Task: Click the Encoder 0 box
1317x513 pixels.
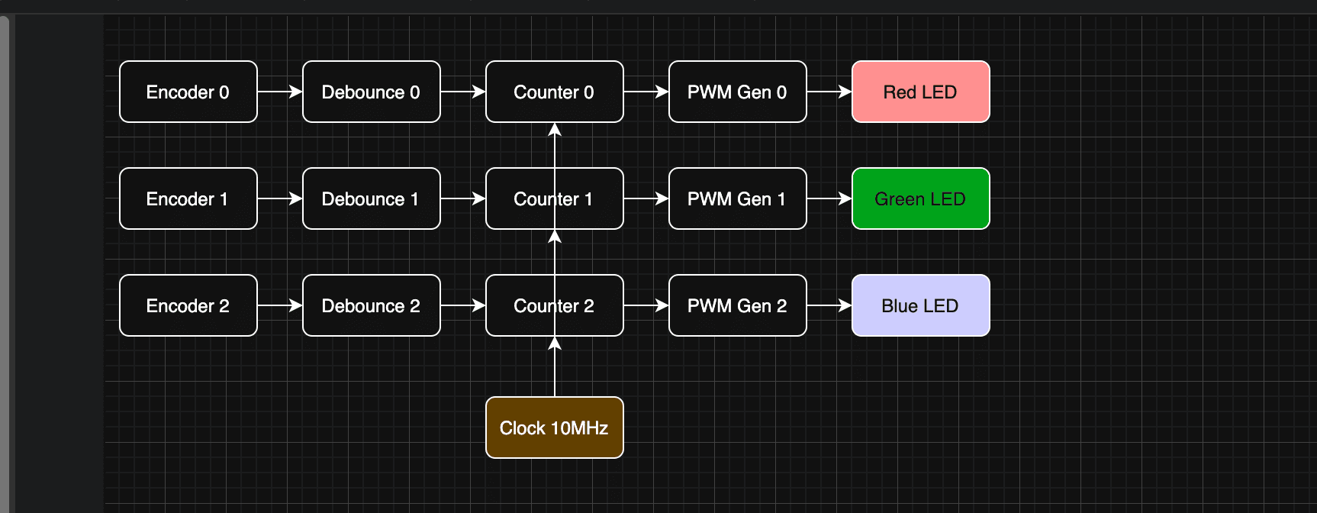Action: (188, 92)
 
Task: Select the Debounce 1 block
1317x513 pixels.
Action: (371, 198)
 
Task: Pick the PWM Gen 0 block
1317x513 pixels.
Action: (737, 92)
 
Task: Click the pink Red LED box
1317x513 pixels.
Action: (920, 92)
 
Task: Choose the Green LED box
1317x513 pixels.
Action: (920, 198)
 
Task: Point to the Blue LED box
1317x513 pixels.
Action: (920, 305)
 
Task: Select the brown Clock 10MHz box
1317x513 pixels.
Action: (554, 427)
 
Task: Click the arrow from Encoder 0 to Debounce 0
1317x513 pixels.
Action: (279, 92)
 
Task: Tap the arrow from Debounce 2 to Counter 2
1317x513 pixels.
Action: (462, 305)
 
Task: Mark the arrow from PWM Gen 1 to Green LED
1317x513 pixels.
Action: (829, 198)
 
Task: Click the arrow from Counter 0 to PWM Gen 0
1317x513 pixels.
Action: (646, 92)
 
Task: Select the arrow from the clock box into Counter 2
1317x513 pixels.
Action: (555, 370)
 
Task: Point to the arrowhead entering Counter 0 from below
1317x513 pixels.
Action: (555, 130)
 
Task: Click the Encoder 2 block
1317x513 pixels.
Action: (188, 305)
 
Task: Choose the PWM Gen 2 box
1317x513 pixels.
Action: (737, 305)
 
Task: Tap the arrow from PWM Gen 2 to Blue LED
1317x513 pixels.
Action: (829, 305)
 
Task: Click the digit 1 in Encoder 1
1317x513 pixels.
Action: (224, 199)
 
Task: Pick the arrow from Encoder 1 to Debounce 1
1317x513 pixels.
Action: (279, 198)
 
